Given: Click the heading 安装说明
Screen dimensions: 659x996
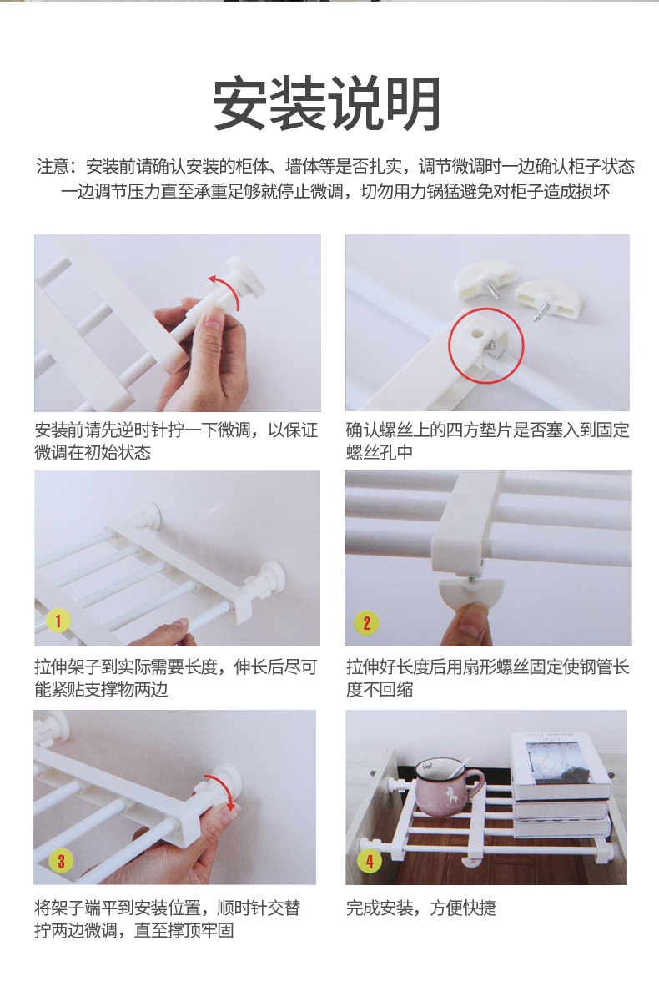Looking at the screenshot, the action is (327, 103).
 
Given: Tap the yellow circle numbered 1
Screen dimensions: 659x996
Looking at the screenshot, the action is (58, 621).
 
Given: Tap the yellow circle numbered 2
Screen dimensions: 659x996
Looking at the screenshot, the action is (366, 623).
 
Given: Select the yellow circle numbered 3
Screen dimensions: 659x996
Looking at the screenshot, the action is (61, 861).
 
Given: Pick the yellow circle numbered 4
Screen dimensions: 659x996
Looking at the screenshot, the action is (370, 861).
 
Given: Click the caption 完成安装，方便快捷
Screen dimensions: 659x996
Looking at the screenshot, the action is (420, 908).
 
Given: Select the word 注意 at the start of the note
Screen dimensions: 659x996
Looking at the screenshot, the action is (53, 167).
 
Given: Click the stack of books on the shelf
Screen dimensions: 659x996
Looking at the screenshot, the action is (561, 784).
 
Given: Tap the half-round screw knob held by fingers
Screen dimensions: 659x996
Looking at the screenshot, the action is (470, 595).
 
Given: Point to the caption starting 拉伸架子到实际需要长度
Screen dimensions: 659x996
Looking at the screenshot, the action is (176, 677).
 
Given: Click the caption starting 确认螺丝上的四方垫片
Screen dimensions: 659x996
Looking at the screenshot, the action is (487, 440).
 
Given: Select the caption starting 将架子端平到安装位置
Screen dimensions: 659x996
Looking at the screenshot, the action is (168, 919).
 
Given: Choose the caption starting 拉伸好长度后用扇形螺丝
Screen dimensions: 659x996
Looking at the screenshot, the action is (487, 677).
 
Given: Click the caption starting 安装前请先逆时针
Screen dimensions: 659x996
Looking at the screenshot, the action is (176, 440).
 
